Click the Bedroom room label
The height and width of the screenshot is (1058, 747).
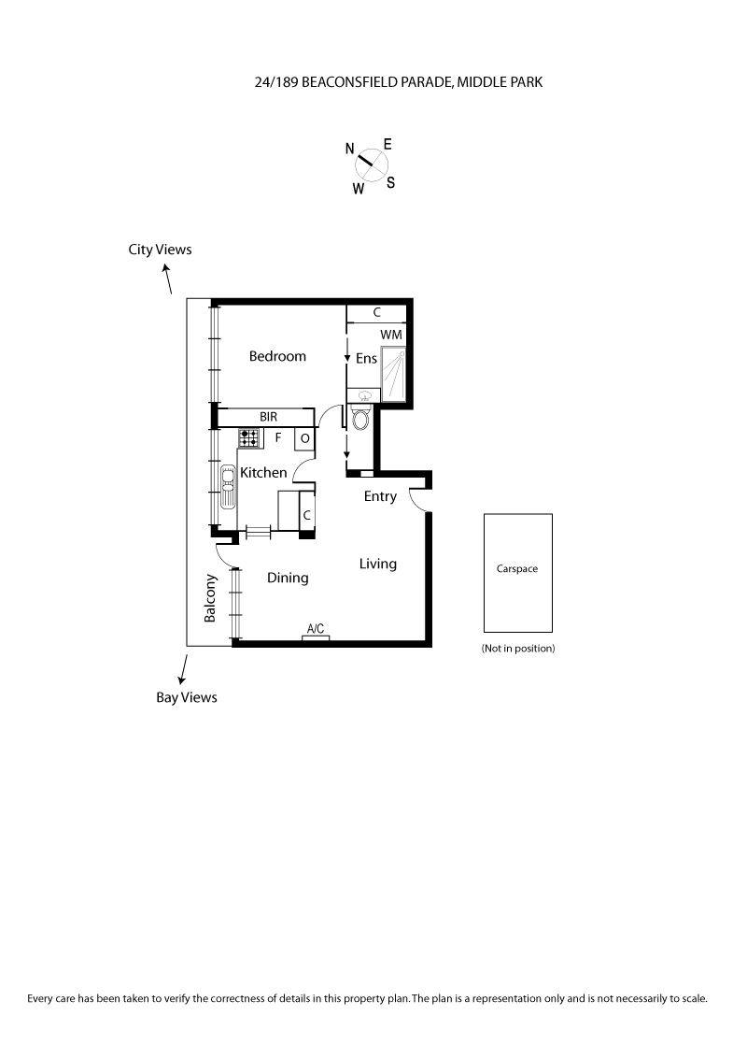[277, 356]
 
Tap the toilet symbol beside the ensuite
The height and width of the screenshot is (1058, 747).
[360, 418]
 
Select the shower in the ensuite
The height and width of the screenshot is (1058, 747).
[394, 374]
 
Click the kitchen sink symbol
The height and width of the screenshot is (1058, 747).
[227, 487]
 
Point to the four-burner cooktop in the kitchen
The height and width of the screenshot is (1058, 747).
[249, 438]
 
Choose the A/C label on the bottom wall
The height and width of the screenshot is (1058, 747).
[316, 629]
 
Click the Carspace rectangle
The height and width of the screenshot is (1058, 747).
[518, 573]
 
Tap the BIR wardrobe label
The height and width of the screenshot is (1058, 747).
[268, 417]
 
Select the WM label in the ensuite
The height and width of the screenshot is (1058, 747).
[391, 335]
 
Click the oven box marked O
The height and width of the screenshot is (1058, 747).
[304, 438]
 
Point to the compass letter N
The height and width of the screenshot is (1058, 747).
[350, 149]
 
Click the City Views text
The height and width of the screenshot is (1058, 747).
[160, 250]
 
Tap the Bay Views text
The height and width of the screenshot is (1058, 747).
[187, 697]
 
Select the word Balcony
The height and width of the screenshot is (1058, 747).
[210, 598]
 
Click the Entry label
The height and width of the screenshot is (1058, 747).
[380, 496]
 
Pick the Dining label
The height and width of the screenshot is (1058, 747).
[288, 578]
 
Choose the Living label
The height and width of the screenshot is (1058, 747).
[377, 565]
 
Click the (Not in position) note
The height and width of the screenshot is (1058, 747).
[518, 649]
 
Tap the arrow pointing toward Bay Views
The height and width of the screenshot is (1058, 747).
[183, 669]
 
